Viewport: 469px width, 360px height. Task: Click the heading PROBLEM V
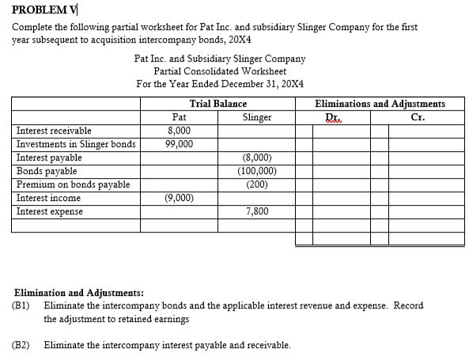(43, 10)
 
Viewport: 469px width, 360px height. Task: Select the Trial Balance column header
(217, 104)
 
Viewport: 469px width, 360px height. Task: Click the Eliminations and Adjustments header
(379, 104)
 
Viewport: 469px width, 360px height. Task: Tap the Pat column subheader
(179, 117)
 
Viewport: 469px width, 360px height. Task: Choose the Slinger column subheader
(256, 117)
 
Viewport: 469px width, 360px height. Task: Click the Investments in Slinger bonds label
(76, 144)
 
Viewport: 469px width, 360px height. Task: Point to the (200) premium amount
(256, 184)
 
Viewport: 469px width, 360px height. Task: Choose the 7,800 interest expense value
(256, 211)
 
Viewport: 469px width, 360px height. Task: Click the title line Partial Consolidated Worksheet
(219, 71)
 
